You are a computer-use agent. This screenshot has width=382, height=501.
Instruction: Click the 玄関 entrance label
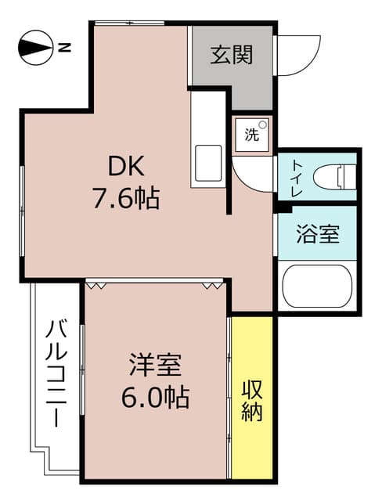click(232, 55)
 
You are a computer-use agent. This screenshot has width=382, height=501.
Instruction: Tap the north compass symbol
click(35, 48)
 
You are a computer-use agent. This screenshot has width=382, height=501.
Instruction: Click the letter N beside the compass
click(65, 48)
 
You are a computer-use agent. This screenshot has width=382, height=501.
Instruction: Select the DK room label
click(126, 166)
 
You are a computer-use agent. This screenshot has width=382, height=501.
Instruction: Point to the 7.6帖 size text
click(126, 198)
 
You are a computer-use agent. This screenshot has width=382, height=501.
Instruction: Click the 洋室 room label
click(155, 365)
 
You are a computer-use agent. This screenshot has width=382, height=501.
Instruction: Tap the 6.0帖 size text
click(155, 397)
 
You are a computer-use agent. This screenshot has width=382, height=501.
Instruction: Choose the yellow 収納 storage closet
click(252, 398)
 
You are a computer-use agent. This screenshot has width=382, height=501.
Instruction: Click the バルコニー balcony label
click(56, 373)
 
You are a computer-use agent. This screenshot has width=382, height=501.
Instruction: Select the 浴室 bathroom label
click(318, 234)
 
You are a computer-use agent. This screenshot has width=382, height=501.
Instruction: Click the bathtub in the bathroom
click(318, 287)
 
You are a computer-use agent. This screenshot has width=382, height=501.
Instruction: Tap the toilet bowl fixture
click(335, 176)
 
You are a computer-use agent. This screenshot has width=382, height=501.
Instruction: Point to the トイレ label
click(297, 178)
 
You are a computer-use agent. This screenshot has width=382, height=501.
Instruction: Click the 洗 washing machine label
click(252, 135)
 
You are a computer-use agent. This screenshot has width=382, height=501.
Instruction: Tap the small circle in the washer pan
click(262, 125)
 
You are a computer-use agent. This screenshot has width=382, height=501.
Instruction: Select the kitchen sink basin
click(208, 164)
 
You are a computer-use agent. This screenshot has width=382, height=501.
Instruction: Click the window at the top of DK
click(130, 23)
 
